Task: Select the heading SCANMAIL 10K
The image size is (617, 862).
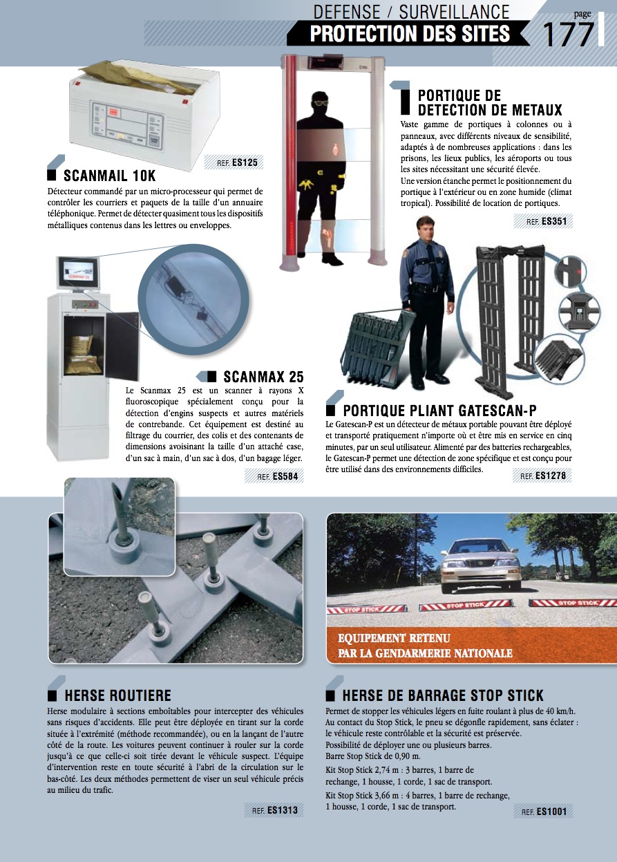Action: tap(109, 176)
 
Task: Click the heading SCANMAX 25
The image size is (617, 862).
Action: tap(263, 377)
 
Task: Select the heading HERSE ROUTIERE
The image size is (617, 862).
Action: tap(117, 695)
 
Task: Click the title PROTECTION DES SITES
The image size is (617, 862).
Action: tap(410, 33)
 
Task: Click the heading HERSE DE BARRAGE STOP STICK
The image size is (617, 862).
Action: tap(443, 695)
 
